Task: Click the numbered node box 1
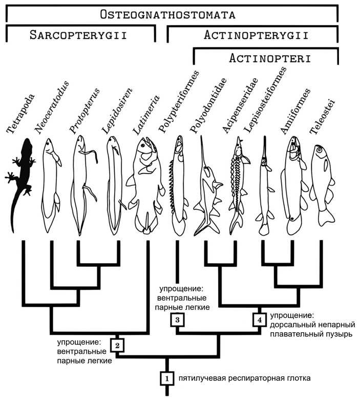(x=166, y=378)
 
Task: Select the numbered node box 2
(x=117, y=345)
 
